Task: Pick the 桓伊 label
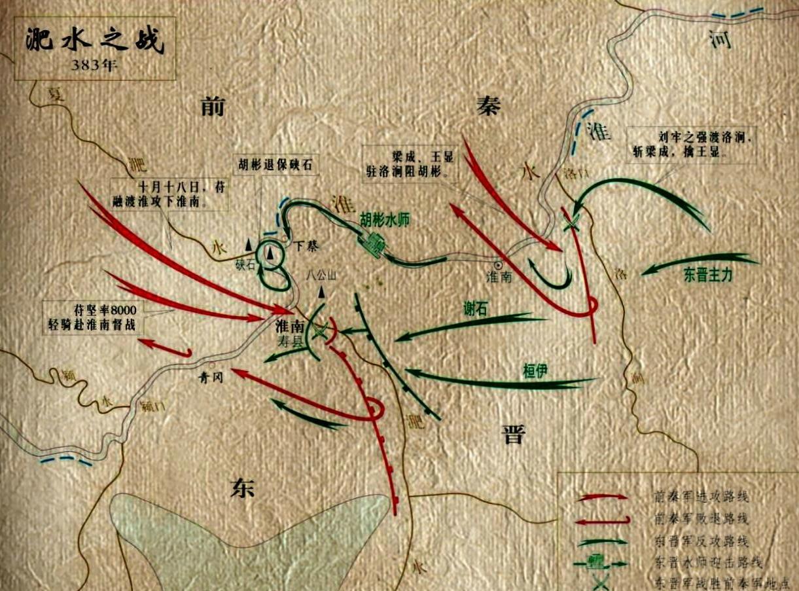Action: pyautogui.click(x=534, y=370)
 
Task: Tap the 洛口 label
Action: pyautogui.click(x=573, y=174)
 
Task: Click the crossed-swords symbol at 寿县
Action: pyautogui.click(x=319, y=332)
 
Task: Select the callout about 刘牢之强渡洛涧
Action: pyautogui.click(x=699, y=145)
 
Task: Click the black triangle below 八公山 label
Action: pyautogui.click(x=321, y=291)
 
